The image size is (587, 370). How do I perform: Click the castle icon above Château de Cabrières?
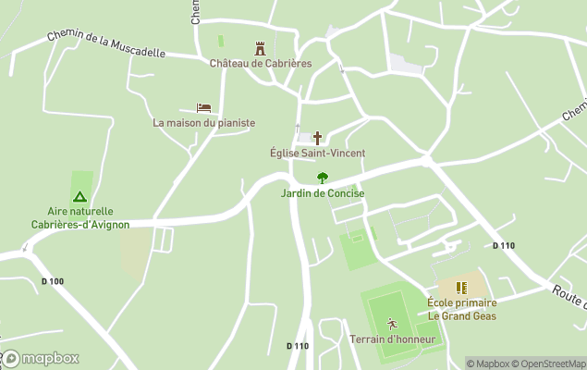260,48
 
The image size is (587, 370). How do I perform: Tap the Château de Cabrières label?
260,64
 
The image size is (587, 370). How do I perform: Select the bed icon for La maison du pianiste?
203,108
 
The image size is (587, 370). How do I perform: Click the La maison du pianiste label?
203,123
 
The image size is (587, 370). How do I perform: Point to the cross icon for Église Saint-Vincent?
317,137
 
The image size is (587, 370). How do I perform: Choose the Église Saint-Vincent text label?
317,153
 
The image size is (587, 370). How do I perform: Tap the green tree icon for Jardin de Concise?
322,178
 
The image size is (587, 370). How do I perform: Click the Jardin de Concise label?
323,193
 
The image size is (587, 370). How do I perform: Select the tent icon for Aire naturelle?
80,196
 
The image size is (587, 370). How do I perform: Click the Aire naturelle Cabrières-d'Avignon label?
80,217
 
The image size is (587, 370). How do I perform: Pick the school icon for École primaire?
461,288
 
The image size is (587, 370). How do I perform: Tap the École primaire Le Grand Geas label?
461,309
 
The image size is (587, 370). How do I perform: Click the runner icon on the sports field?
392,324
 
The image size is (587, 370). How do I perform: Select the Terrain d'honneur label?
392,339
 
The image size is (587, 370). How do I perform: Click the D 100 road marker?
53,281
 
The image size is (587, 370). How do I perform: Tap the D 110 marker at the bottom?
298,346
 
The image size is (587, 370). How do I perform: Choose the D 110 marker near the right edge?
503,245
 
